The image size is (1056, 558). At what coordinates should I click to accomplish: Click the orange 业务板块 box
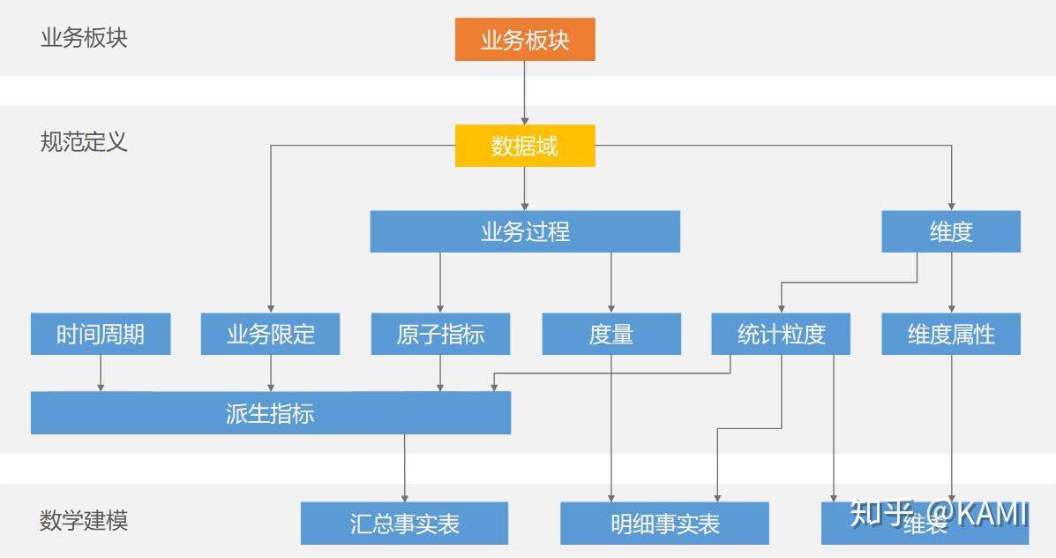525,40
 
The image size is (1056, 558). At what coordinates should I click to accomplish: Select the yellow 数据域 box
525,146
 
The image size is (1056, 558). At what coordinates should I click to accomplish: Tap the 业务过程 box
525,231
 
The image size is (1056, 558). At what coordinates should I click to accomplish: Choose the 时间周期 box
101,334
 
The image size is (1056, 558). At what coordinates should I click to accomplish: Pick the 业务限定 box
270,334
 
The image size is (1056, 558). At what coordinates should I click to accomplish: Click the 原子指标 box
440,334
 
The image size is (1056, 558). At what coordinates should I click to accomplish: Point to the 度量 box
610,334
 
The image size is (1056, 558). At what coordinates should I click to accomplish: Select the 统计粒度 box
781,334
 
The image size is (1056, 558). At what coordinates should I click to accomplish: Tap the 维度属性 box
951,334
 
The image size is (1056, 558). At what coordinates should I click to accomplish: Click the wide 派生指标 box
270,413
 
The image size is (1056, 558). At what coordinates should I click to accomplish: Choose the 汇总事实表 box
404,524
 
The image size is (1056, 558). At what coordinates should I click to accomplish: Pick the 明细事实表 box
664,524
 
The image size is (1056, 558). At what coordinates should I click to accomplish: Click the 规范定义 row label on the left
84,141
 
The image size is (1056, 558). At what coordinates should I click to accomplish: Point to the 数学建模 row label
84,520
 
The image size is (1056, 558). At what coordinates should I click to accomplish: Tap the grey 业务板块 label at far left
84,38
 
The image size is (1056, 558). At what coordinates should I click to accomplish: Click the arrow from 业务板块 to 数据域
525,93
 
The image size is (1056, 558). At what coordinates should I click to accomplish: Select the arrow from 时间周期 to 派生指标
101,373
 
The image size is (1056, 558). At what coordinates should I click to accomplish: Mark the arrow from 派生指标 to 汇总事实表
405,468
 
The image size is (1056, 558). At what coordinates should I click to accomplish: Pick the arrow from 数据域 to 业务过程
525,188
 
